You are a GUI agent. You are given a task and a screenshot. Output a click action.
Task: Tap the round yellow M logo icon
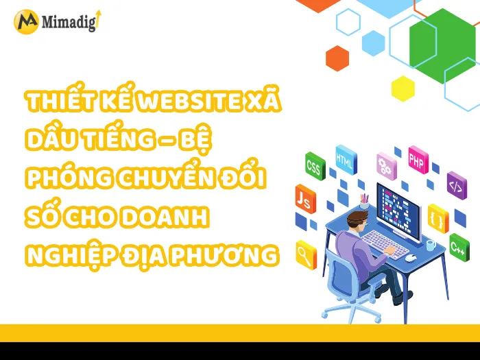coord(26,21)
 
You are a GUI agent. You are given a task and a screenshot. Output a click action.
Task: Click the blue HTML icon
coord(345,158)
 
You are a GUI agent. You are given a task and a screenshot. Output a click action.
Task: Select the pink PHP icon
coord(417,159)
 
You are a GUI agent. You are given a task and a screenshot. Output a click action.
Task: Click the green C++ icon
coord(459,245)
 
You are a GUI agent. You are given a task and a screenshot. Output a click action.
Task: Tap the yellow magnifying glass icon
coord(304,255)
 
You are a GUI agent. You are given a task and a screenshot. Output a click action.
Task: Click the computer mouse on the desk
coord(409,258)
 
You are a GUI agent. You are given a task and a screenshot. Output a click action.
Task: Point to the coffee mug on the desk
coord(431,244)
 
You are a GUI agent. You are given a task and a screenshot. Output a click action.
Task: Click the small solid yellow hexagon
coord(403,88)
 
